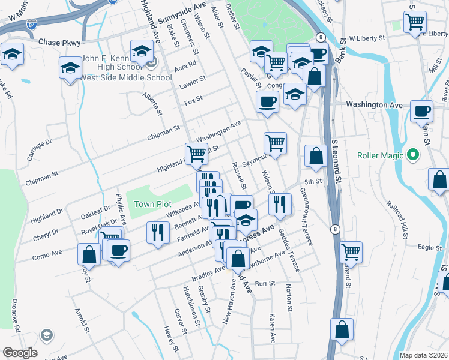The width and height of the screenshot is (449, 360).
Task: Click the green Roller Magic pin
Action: pos(412,155)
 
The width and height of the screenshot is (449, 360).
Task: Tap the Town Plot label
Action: pos(152,204)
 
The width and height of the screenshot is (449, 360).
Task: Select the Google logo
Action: pos(20,353)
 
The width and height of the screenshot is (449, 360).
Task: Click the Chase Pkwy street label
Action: pos(59,43)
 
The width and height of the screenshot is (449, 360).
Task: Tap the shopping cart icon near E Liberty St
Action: pos(415,23)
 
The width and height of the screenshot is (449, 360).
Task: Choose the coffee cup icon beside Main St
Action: pos(421,111)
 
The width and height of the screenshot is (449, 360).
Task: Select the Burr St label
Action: pos(265,283)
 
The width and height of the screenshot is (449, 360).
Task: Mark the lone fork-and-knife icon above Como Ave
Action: pos(158,232)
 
